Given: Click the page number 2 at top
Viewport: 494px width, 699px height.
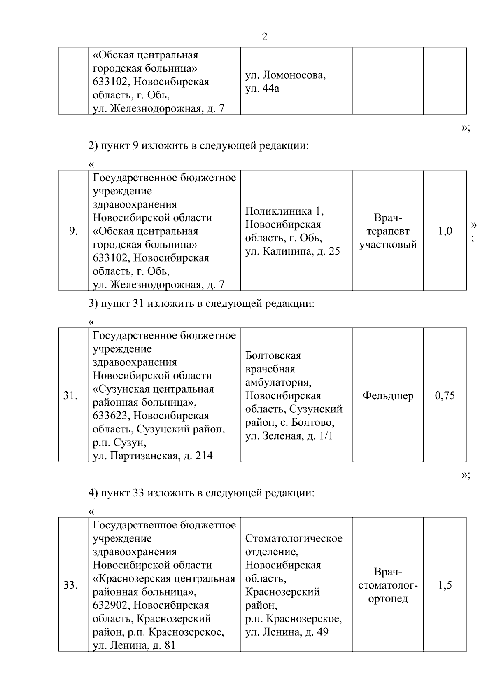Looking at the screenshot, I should coord(264,37).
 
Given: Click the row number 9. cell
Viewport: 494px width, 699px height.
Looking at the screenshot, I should coord(73,231).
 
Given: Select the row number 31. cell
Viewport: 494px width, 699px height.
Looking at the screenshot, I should coord(70,396).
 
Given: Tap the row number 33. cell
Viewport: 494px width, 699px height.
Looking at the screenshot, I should coord(70,585).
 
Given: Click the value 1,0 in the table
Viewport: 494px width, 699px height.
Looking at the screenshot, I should coord(445,231).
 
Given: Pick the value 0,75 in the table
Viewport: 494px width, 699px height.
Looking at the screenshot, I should coord(445,396).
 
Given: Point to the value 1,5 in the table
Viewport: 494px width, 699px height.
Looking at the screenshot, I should coord(445,585).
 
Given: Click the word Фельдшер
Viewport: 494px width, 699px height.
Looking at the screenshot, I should coord(388,396).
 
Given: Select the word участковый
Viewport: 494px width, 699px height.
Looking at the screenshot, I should coord(388,245).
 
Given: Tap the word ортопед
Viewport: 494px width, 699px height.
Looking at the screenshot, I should coord(388,598).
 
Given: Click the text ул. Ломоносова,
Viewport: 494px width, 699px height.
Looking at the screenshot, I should coord(285,75).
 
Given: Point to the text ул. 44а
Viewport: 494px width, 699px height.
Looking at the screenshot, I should coord(262,89).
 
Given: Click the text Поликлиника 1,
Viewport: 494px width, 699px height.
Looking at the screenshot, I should coord(284,211).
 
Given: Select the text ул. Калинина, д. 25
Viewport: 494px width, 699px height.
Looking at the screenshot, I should coord(293,251).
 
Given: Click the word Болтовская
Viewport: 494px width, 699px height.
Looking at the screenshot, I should coord(273,355).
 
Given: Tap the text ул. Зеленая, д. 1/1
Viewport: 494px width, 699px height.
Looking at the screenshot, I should coord(289,436).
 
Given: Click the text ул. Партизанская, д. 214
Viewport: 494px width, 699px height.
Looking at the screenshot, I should coord(153,456).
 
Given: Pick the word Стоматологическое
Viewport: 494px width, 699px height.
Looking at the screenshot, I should coord(294,538).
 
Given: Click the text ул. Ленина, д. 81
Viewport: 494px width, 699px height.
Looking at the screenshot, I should coord(134,645).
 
